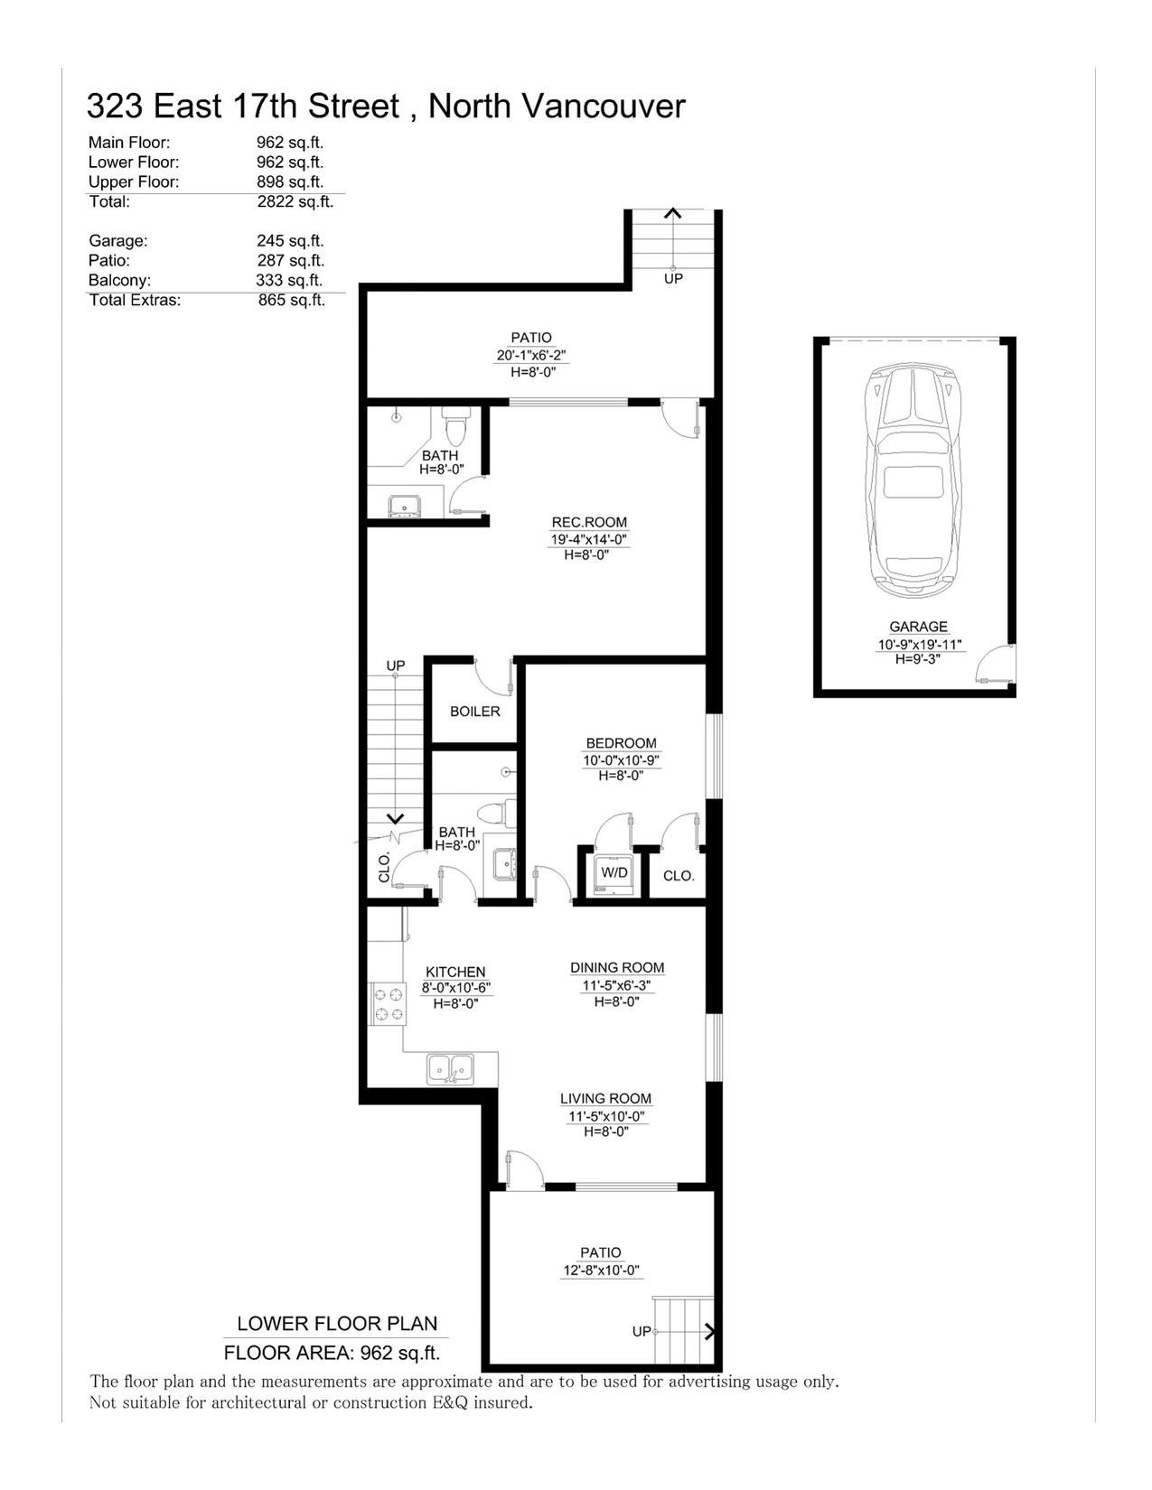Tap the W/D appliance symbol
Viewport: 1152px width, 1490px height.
(x=613, y=874)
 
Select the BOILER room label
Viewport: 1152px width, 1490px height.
(x=474, y=712)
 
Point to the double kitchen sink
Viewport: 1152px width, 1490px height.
(x=450, y=1069)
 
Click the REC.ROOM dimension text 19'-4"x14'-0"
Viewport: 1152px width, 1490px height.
(x=589, y=540)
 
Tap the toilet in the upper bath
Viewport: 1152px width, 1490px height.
(x=455, y=426)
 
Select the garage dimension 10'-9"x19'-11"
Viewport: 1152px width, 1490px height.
(x=920, y=645)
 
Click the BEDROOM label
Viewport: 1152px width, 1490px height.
(x=621, y=743)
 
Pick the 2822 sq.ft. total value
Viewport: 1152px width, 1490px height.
(x=295, y=201)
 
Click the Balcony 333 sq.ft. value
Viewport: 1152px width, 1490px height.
(x=289, y=280)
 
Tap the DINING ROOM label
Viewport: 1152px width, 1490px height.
(x=617, y=967)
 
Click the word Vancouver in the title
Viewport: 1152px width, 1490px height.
(x=604, y=107)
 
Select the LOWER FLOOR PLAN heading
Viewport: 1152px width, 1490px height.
(x=337, y=1323)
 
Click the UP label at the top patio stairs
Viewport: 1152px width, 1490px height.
(x=673, y=278)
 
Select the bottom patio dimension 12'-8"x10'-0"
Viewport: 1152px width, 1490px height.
(x=600, y=1270)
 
